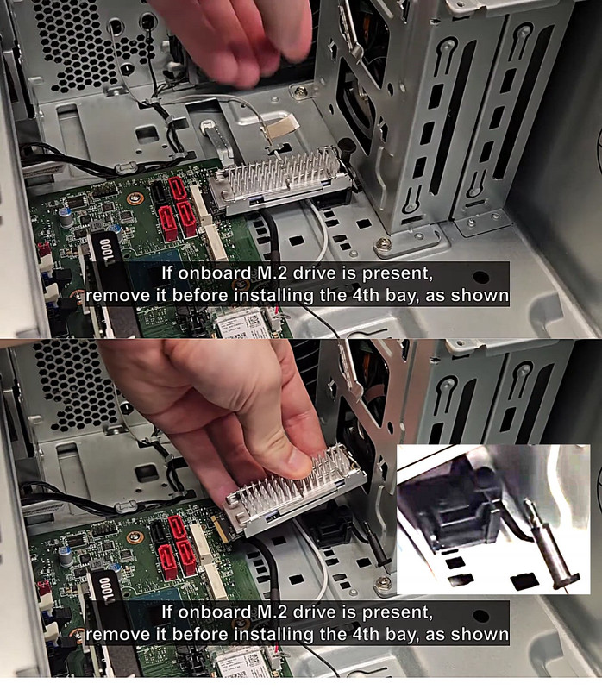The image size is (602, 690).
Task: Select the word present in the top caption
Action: point(397,274)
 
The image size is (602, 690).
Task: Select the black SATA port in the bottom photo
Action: point(160,531)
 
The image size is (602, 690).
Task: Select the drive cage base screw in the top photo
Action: point(384,243)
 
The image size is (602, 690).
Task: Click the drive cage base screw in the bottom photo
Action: point(383,581)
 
